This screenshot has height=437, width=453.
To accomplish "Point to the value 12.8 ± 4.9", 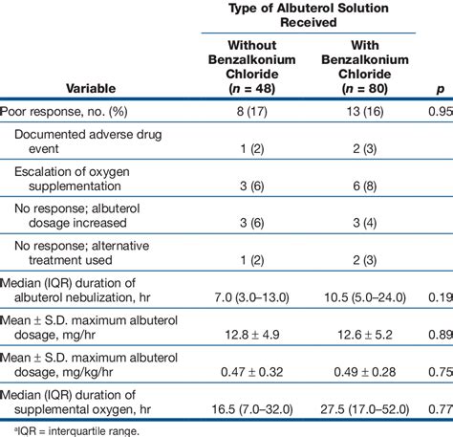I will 252,334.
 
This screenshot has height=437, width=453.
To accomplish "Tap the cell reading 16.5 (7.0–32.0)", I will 251,408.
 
